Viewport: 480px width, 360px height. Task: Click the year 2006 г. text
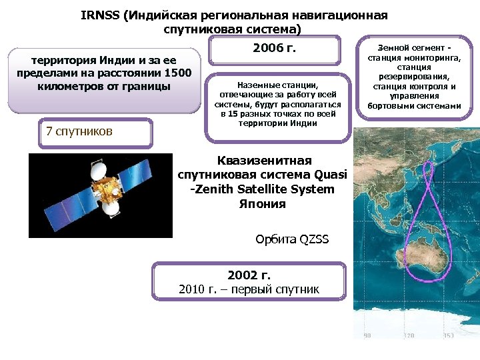coord(274,49)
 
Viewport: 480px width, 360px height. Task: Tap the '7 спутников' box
coord(79,131)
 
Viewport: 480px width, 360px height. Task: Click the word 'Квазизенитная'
coord(264,160)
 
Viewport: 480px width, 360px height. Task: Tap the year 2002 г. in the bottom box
coord(249,275)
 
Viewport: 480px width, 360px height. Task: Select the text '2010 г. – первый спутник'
coord(249,289)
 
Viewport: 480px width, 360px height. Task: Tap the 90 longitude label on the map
coord(366,335)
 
